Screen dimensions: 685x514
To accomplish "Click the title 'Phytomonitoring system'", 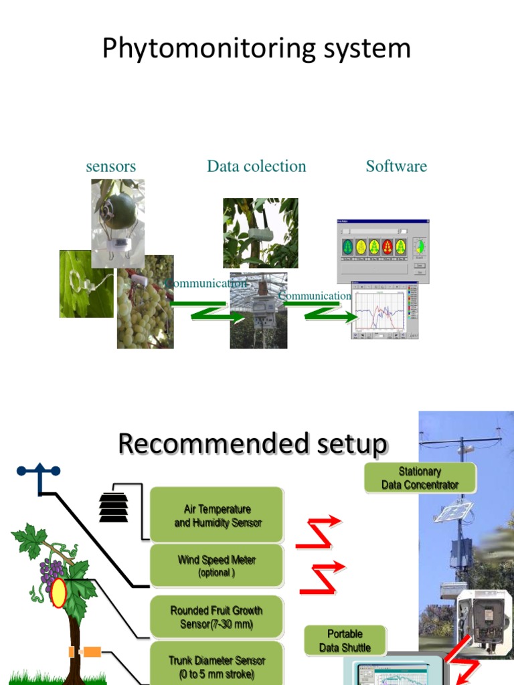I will pyautogui.click(x=256, y=50).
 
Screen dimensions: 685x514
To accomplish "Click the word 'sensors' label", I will pyautogui.click(x=111, y=167).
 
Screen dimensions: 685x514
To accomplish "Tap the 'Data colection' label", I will pyautogui.click(x=256, y=167).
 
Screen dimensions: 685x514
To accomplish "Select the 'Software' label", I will pyautogui.click(x=396, y=167).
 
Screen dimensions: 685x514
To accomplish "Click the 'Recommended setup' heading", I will pyautogui.click(x=252, y=444).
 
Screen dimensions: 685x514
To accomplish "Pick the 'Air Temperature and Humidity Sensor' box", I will pyautogui.click(x=218, y=516).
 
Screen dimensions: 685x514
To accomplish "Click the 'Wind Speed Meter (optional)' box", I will pyautogui.click(x=218, y=566).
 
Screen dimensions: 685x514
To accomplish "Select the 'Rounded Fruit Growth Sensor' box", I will pyautogui.click(x=218, y=617).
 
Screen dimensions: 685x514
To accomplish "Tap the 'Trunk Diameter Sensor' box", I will pyautogui.click(x=218, y=666).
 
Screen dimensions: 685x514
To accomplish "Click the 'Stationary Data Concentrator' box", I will pyautogui.click(x=420, y=478).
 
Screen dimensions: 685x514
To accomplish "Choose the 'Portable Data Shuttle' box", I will pyautogui.click(x=345, y=641).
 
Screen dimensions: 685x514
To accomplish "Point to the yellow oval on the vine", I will pyautogui.click(x=59, y=593).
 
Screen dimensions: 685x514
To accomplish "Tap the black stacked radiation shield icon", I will pyautogui.click(x=113, y=506).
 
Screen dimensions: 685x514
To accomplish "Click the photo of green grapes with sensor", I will pyautogui.click(x=145, y=302).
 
